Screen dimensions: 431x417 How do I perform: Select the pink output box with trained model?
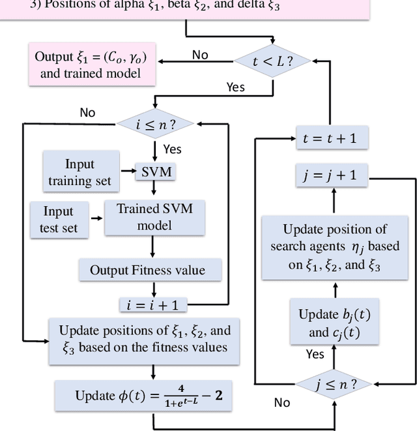click(91, 65)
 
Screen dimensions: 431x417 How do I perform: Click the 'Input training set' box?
click(80, 172)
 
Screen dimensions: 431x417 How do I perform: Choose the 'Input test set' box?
click(58, 220)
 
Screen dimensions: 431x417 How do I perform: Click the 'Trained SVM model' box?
click(154, 217)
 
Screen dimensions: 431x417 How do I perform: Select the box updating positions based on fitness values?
click(144, 338)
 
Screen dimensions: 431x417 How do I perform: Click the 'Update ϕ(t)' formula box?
click(144, 396)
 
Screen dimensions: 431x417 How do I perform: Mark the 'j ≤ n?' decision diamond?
click(334, 384)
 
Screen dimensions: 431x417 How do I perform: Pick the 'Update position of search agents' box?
click(334, 247)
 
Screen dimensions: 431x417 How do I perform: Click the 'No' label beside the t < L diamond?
click(200, 54)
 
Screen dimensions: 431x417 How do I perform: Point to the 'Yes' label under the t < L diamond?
click(235, 87)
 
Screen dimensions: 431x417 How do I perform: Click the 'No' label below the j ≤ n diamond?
click(282, 403)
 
